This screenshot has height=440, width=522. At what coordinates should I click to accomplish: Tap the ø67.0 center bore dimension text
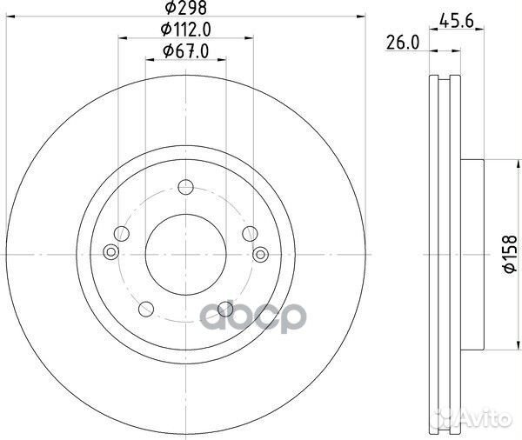(x=186, y=53)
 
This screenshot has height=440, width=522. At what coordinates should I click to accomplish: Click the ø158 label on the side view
(x=510, y=252)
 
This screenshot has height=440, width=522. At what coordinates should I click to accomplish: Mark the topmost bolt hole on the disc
(x=184, y=185)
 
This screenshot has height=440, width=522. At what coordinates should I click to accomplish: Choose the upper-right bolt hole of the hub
(x=250, y=232)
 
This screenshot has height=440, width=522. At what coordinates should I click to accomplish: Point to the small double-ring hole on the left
(x=110, y=252)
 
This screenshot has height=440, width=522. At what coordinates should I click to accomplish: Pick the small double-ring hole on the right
(x=260, y=252)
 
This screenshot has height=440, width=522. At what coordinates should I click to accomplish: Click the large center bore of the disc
(x=184, y=252)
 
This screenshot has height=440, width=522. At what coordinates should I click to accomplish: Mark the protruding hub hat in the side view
(x=469, y=252)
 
